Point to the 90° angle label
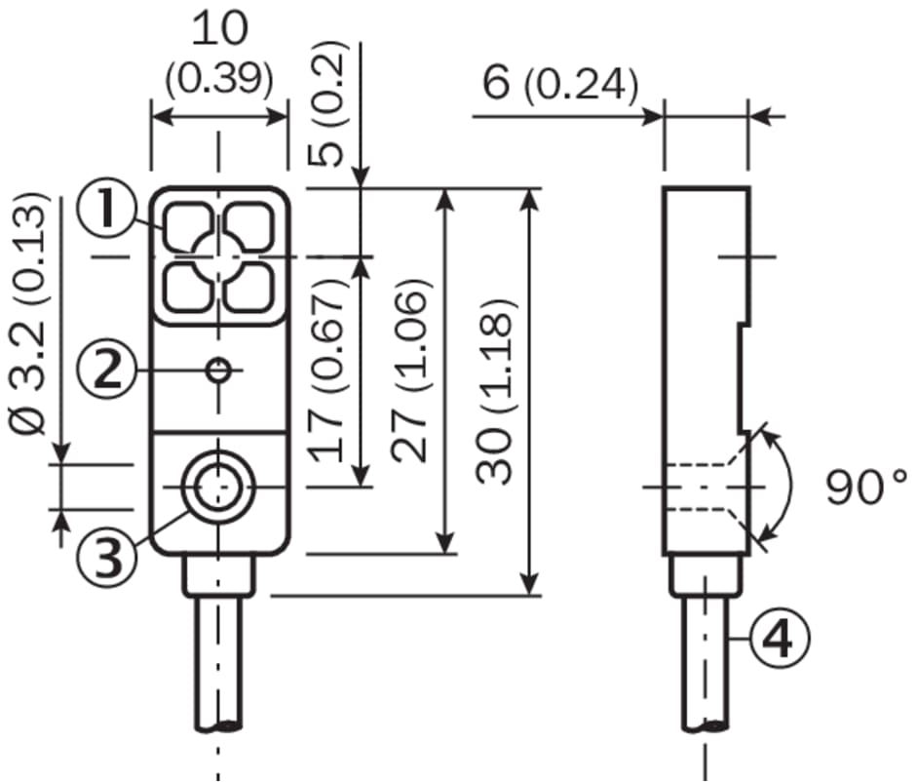coord(866,487)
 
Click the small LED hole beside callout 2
coord(219,370)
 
